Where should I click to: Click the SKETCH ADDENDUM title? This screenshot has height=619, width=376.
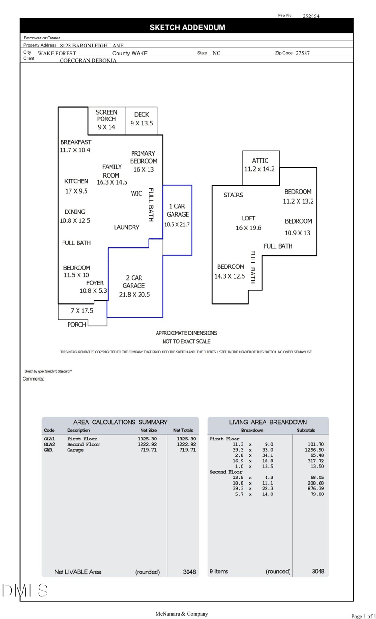pyautogui.click(x=187, y=28)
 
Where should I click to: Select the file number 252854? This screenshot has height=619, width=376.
pyautogui.click(x=311, y=16)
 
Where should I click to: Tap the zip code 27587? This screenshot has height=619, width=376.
pyautogui.click(x=302, y=53)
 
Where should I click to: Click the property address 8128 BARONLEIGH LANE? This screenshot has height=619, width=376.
pyautogui.click(x=92, y=46)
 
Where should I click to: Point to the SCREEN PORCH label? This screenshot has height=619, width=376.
pyautogui.click(x=106, y=116)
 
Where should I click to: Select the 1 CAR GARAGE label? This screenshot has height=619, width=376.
pyautogui.click(x=177, y=210)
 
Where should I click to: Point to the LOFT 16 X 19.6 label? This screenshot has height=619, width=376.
pyautogui.click(x=248, y=223)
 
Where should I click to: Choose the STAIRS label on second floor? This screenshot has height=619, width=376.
pyautogui.click(x=233, y=195)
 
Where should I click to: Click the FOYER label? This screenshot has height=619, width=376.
pyautogui.click(x=95, y=283)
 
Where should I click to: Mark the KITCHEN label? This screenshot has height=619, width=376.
pyautogui.click(x=76, y=181)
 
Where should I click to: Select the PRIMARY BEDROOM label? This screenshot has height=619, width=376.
pyautogui.click(x=143, y=157)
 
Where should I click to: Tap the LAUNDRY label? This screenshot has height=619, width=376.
pyautogui.click(x=126, y=227)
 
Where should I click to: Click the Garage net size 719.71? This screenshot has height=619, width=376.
pyautogui.click(x=148, y=450)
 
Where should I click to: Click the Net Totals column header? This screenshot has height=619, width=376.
pyautogui.click(x=183, y=430)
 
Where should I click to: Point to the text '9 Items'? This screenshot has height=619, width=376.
pyautogui.click(x=218, y=572)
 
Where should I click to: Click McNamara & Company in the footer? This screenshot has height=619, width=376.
pyautogui.click(x=181, y=614)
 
